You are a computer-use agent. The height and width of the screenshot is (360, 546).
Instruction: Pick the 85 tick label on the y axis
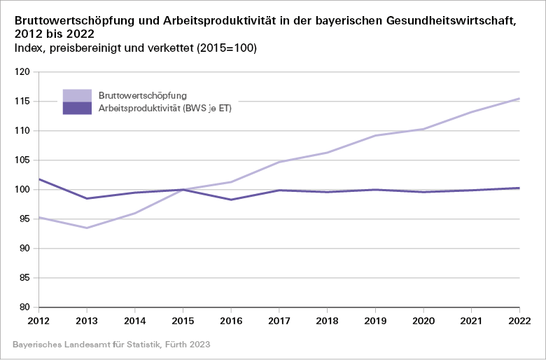(x=25, y=278)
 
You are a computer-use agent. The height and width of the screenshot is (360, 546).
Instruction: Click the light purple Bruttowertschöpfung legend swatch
(x=77, y=95)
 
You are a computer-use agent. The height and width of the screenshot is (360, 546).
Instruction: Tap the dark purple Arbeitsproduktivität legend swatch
(x=77, y=108)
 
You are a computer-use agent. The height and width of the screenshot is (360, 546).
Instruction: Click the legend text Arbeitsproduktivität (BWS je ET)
(x=164, y=109)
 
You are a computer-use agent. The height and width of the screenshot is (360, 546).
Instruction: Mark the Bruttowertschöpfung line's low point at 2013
(x=87, y=228)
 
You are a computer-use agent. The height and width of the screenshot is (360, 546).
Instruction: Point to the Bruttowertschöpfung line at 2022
(x=519, y=99)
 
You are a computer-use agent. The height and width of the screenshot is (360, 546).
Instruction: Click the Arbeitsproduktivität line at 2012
(x=39, y=179)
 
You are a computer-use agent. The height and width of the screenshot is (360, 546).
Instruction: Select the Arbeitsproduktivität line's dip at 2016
(x=231, y=200)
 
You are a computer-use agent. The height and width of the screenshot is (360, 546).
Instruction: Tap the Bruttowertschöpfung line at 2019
(x=375, y=135)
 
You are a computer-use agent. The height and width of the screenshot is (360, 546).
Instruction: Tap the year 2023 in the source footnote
(x=198, y=345)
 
